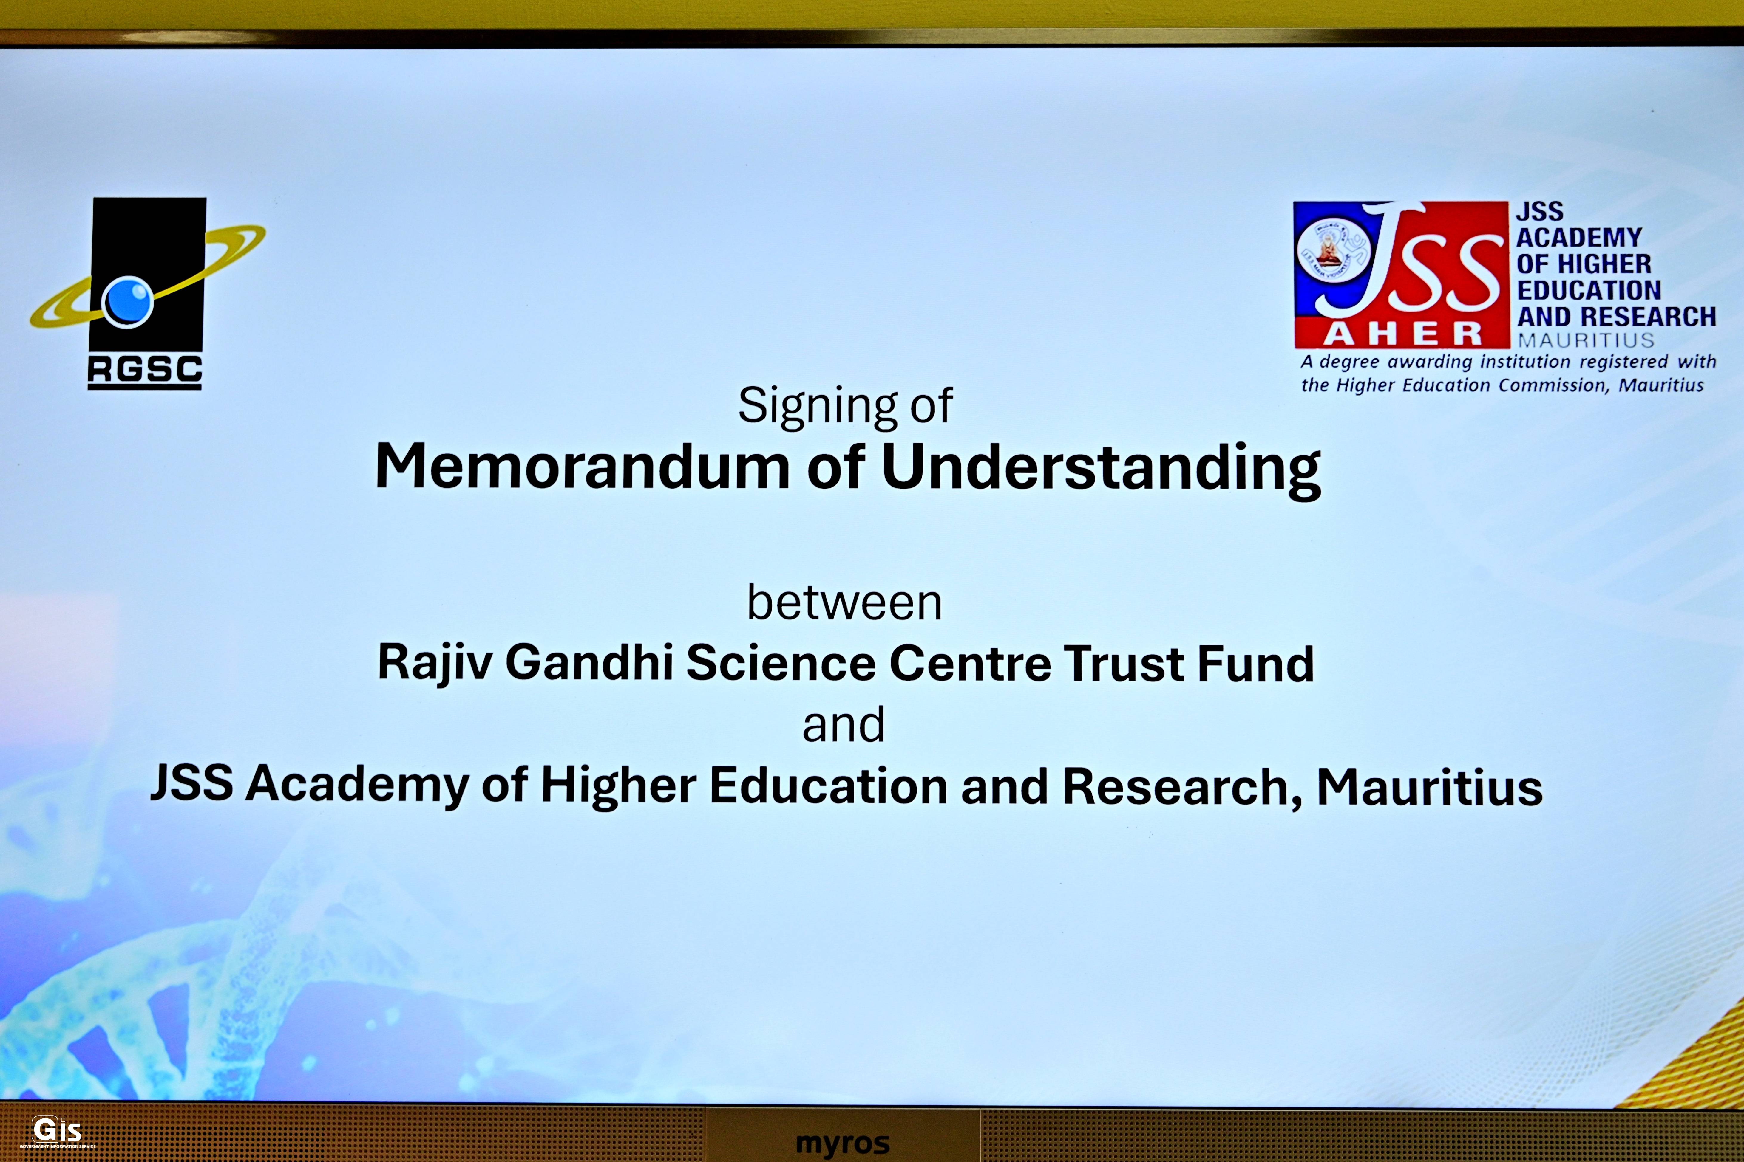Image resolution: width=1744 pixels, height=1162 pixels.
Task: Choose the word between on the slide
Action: (845, 602)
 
